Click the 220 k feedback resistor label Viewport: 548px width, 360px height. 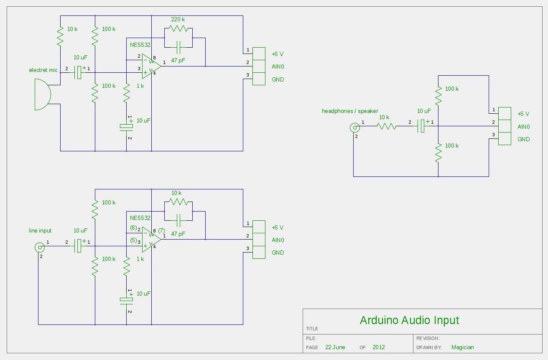coord(178,19)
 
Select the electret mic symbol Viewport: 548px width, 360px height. coord(42,94)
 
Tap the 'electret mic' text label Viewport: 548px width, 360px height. coord(43,70)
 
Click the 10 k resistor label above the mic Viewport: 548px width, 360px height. coord(72,29)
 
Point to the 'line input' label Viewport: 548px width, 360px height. coord(40,230)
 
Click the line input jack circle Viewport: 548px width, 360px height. coord(39,248)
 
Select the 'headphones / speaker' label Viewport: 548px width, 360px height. coord(350,111)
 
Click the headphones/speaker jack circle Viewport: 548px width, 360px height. coord(354,127)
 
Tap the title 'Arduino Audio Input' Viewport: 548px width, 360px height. coord(409,320)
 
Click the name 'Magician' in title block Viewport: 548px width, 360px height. coord(462,347)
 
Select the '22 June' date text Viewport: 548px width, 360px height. coord(335,347)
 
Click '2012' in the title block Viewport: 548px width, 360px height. coord(379,347)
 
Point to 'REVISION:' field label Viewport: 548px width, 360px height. coord(428,338)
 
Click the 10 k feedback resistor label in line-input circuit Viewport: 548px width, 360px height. coord(176,193)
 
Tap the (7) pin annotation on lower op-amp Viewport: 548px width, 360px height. coord(162,230)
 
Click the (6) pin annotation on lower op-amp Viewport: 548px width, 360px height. coord(133,228)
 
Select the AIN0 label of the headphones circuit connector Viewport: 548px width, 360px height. coord(523,127)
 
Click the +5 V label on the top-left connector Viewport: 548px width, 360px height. coord(278,54)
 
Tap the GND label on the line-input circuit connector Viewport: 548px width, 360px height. coord(278,253)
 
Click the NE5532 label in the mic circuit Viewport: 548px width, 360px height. coord(140,44)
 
